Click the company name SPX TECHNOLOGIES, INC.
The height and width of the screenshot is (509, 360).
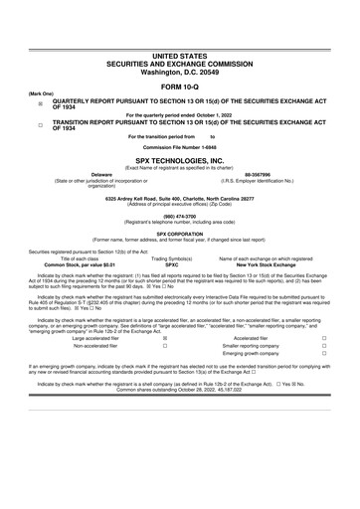pos(180,159)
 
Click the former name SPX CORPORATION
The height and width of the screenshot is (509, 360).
pos(180,235)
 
